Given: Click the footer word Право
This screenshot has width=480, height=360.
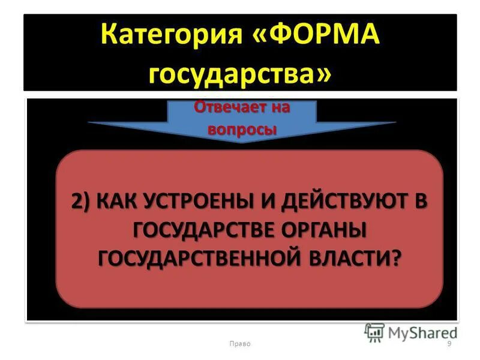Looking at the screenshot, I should coord(240,343).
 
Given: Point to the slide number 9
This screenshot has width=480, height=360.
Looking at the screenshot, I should coord(449,343).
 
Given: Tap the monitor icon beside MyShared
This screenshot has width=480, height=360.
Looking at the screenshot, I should coord(374,332).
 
